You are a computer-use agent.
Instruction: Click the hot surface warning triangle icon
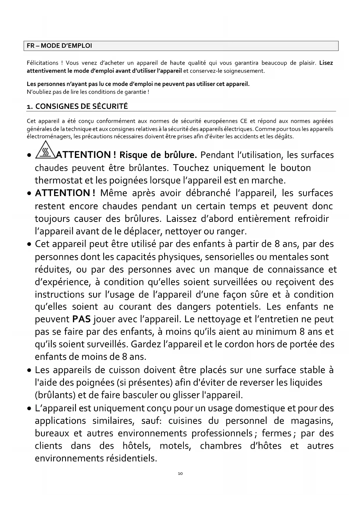pos(45,150)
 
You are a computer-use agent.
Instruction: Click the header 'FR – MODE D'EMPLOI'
pos(59,46)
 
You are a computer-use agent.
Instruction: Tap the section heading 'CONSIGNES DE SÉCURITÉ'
pos(81,106)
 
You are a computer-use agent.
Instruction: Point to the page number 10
pos(180,473)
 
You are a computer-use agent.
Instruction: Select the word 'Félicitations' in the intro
pos(42,63)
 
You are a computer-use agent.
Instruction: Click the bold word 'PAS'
pos(81,319)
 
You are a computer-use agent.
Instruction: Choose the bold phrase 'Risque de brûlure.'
pos(158,155)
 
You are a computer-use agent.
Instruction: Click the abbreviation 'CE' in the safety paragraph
pos(244,121)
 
